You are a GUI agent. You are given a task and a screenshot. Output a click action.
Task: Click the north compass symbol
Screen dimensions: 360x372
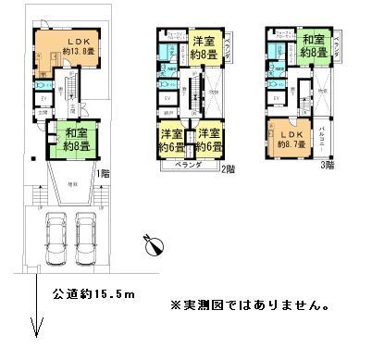click(x=154, y=245)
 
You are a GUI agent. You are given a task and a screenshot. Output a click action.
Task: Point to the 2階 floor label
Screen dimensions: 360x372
click(x=227, y=168)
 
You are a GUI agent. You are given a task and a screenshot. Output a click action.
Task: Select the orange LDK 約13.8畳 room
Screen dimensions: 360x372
click(x=67, y=56)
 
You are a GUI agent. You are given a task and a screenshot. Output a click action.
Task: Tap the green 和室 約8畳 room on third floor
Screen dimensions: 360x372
click(x=313, y=47)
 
